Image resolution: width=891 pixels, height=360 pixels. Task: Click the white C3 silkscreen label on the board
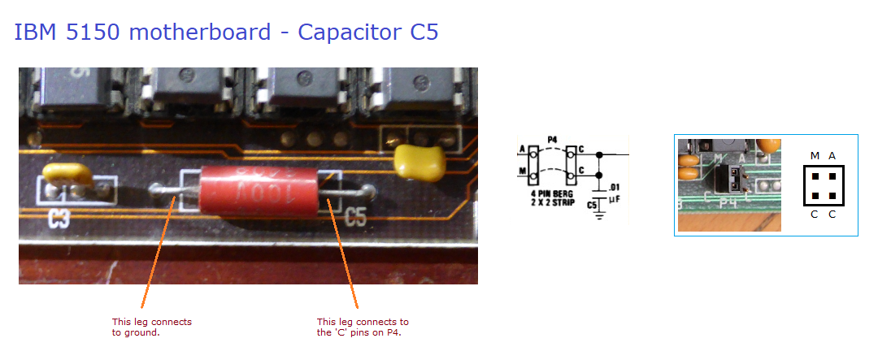[x=59, y=217]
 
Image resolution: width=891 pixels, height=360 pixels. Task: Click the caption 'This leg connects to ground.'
[x=151, y=327]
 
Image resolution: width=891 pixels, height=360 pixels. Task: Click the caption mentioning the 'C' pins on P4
[x=363, y=327]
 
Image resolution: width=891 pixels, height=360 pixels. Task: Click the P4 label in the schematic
[x=552, y=140]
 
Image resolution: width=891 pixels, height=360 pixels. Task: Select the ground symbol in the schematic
[x=599, y=215]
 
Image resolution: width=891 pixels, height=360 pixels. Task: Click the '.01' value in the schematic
[x=615, y=187]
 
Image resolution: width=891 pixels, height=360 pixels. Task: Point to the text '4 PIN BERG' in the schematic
[x=553, y=193]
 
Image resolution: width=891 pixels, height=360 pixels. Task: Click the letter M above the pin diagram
[x=815, y=155]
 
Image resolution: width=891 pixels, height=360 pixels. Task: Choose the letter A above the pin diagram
[x=832, y=155]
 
